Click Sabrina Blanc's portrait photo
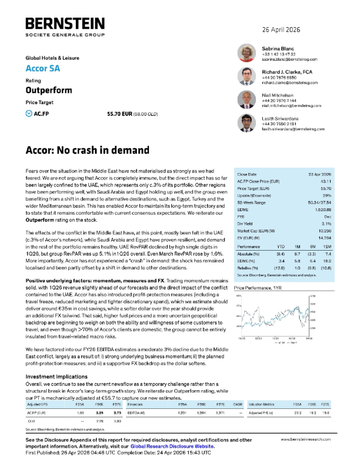click(245, 54)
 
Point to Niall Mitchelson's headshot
click(245, 99)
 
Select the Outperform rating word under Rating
click(48, 90)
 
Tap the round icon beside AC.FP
click(29, 112)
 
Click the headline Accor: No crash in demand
click(88, 150)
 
